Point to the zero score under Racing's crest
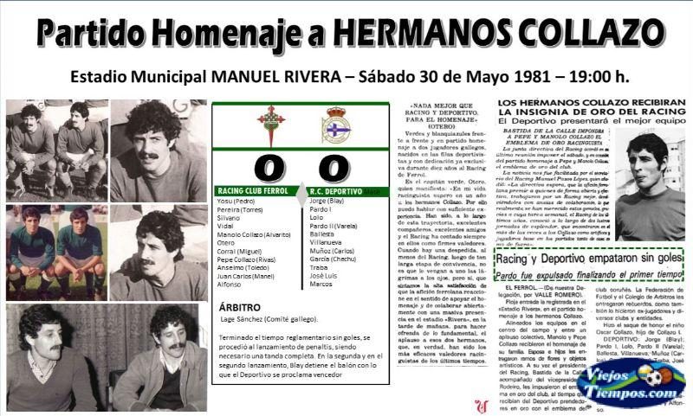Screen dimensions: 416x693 pos(270,166)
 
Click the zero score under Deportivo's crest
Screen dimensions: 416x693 pos(335,166)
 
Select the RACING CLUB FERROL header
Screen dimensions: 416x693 pos(253,190)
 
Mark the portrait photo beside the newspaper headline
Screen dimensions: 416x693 pos(647,182)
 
